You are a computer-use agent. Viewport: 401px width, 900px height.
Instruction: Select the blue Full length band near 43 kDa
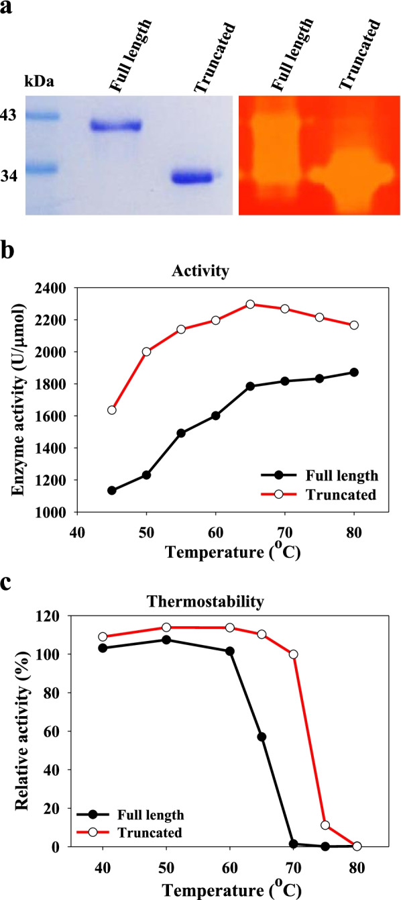click(x=116, y=126)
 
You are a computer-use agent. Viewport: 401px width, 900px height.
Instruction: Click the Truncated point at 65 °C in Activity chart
click(x=250, y=304)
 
